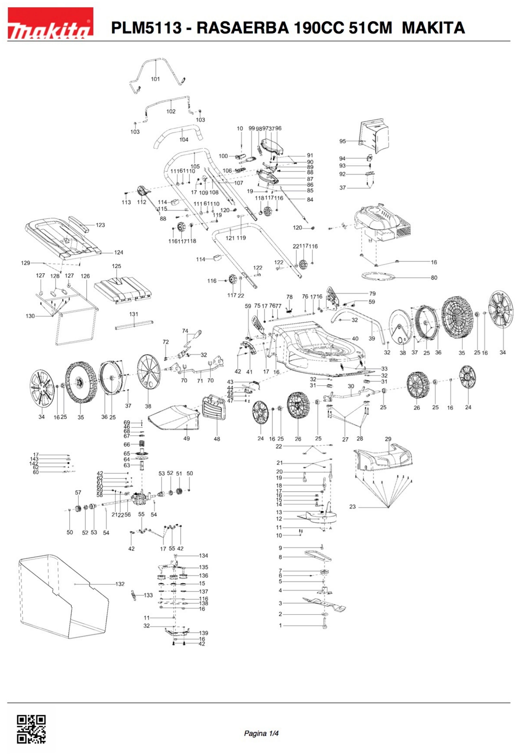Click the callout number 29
click(388, 439)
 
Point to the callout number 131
click(134, 314)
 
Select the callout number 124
click(119, 252)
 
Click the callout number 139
click(204, 633)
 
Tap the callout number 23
click(353, 507)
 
